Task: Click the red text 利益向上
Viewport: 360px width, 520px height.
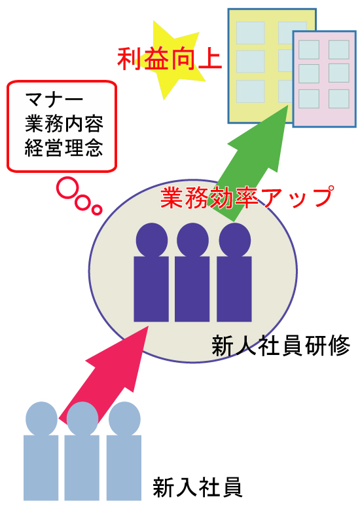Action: point(170,59)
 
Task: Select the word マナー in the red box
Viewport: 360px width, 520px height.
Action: point(54,99)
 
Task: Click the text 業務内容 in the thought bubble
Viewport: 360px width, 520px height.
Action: point(64,124)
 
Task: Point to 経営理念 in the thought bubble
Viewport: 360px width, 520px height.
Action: point(64,148)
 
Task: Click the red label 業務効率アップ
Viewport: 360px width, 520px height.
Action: point(247,197)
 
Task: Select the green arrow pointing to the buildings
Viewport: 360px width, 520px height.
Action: point(252,162)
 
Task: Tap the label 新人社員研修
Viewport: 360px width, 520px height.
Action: point(281,346)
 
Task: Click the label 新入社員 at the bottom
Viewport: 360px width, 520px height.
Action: point(198,487)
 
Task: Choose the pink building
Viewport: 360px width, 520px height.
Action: point(324,79)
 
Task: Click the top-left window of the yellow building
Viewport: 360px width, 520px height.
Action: point(250,33)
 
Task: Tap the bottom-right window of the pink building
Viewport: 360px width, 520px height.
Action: point(339,99)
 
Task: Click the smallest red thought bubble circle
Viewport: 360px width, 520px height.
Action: point(96,210)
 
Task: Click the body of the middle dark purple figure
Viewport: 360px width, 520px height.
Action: point(192,289)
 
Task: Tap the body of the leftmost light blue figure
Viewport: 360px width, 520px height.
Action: point(41,468)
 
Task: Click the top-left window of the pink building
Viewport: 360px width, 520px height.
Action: point(309,50)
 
